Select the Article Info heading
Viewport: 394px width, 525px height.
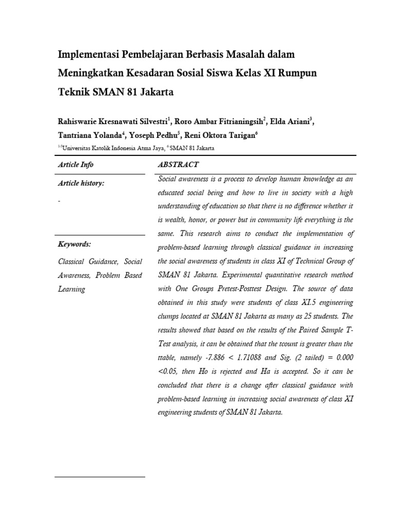click(x=76, y=165)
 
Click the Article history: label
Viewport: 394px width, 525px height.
click(x=82, y=184)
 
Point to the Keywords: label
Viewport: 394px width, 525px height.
click(x=75, y=244)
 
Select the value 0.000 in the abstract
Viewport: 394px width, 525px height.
click(x=343, y=356)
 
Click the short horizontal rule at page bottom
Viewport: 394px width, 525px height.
click(x=100, y=477)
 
